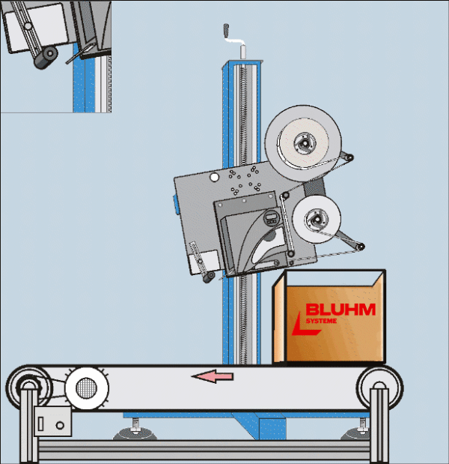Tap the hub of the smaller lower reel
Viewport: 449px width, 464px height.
(317, 220)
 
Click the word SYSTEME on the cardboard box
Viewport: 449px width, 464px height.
(322, 322)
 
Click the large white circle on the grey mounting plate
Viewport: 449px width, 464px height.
(215, 177)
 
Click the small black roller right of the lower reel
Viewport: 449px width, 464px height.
(361, 247)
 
